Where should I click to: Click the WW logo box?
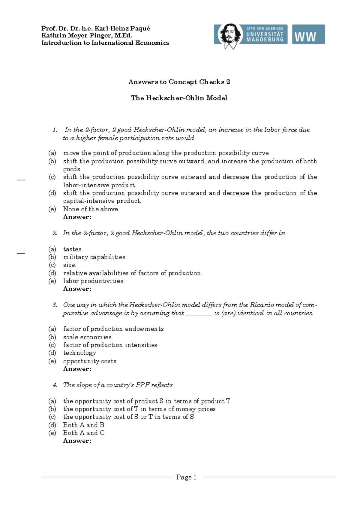pyautogui.click(x=308, y=34)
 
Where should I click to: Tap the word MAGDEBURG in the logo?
pyautogui.click(x=265, y=40)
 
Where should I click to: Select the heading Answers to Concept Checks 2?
pyautogui.click(x=179, y=82)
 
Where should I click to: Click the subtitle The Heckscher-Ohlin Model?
pyautogui.click(x=179, y=98)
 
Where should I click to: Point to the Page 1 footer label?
pyautogui.click(x=186, y=477)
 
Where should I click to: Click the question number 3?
pyautogui.click(x=55, y=305)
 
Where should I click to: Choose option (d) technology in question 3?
pyautogui.click(x=79, y=353)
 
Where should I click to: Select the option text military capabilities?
pyautogui.click(x=95, y=257)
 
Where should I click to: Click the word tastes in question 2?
pyautogui.click(x=73, y=249)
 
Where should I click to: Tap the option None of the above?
pyautogui.click(x=91, y=209)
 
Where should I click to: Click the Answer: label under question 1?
pyautogui.click(x=77, y=217)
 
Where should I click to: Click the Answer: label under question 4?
pyautogui.click(x=77, y=441)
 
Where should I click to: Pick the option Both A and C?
pyautogui.click(x=84, y=433)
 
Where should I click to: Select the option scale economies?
pyautogui.click(x=87, y=337)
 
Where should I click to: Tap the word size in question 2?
pyautogui.click(x=69, y=265)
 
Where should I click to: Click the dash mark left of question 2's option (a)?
pyautogui.click(x=21, y=254)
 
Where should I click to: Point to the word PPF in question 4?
pyautogui.click(x=142, y=385)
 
